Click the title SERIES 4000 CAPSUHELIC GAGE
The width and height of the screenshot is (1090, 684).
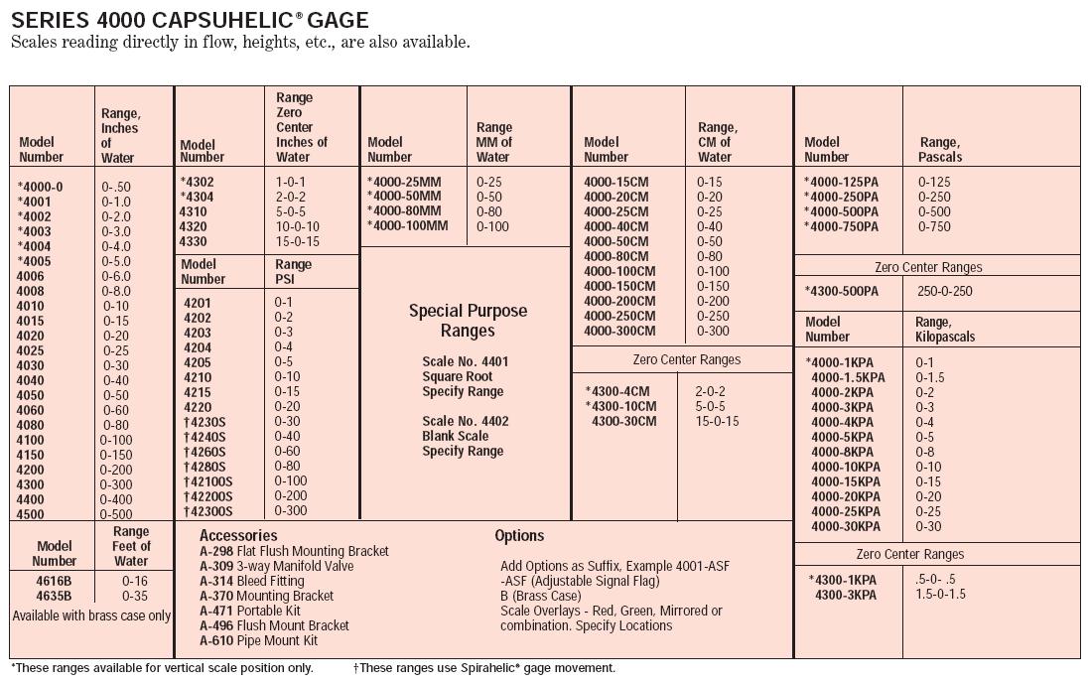[190, 19]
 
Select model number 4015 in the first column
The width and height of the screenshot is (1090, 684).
[31, 321]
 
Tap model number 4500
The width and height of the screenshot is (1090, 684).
[31, 514]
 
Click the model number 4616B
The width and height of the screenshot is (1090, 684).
[54, 581]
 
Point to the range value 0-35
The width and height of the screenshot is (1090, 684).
[134, 596]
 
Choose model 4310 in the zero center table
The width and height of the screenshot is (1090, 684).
[194, 211]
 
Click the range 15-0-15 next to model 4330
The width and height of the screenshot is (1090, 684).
[298, 241]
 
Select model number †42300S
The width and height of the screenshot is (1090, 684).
[207, 511]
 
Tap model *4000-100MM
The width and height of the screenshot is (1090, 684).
[407, 226]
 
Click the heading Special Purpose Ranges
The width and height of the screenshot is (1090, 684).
[468, 320]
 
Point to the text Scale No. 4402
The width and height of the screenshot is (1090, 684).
[465, 421]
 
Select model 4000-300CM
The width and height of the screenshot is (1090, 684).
[619, 331]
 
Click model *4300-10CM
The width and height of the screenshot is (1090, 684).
[620, 406]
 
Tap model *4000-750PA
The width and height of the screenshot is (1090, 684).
[841, 226]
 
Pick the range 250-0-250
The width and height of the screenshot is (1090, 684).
[944, 291]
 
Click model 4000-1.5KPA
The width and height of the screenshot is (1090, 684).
[848, 377]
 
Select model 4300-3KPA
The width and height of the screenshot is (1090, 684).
[845, 595]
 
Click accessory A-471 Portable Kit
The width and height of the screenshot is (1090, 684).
[249, 611]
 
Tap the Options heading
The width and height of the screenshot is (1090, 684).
[519, 536]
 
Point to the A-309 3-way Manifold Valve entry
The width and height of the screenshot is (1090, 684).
[276, 566]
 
